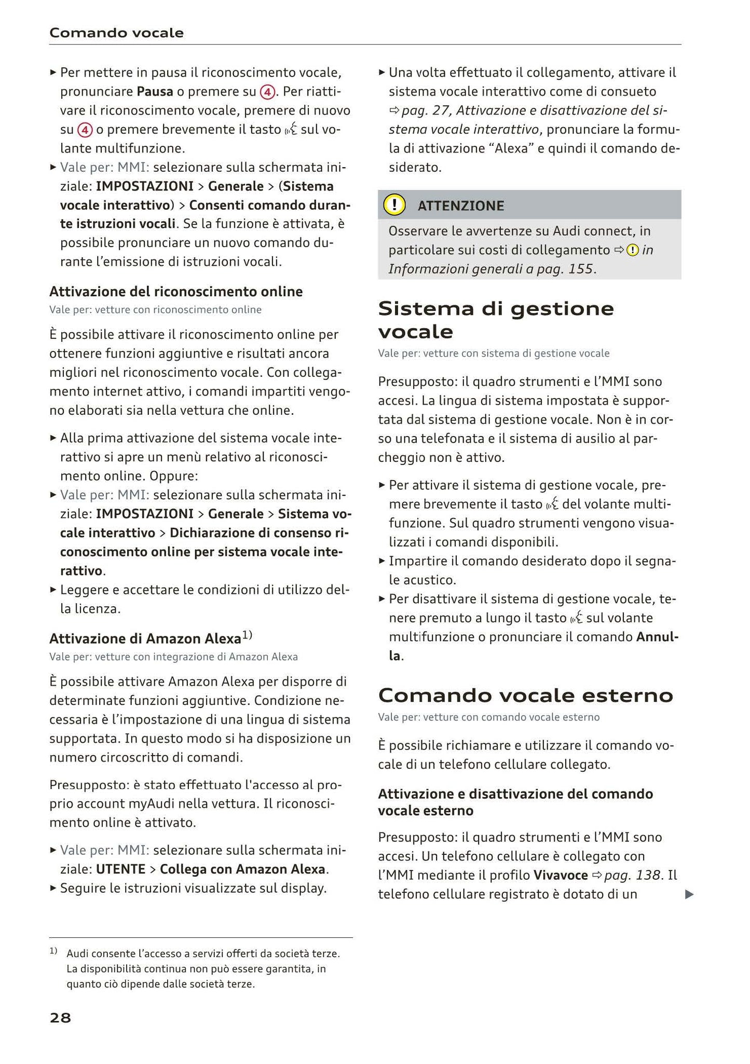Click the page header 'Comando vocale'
click(116, 33)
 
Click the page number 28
click(60, 1018)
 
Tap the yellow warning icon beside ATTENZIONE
click(394, 205)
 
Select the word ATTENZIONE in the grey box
click(460, 206)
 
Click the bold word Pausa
click(155, 92)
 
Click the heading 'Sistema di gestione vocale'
click(496, 320)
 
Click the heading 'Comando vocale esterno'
click(525, 695)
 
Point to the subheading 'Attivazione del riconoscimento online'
click(176, 292)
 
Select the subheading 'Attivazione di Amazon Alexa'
click(145, 638)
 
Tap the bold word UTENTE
click(120, 869)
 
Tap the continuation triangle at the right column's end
click(689, 894)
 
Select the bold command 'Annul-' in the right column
click(657, 637)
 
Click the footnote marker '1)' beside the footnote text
click(53, 951)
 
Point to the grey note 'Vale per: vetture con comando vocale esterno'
click(488, 717)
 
